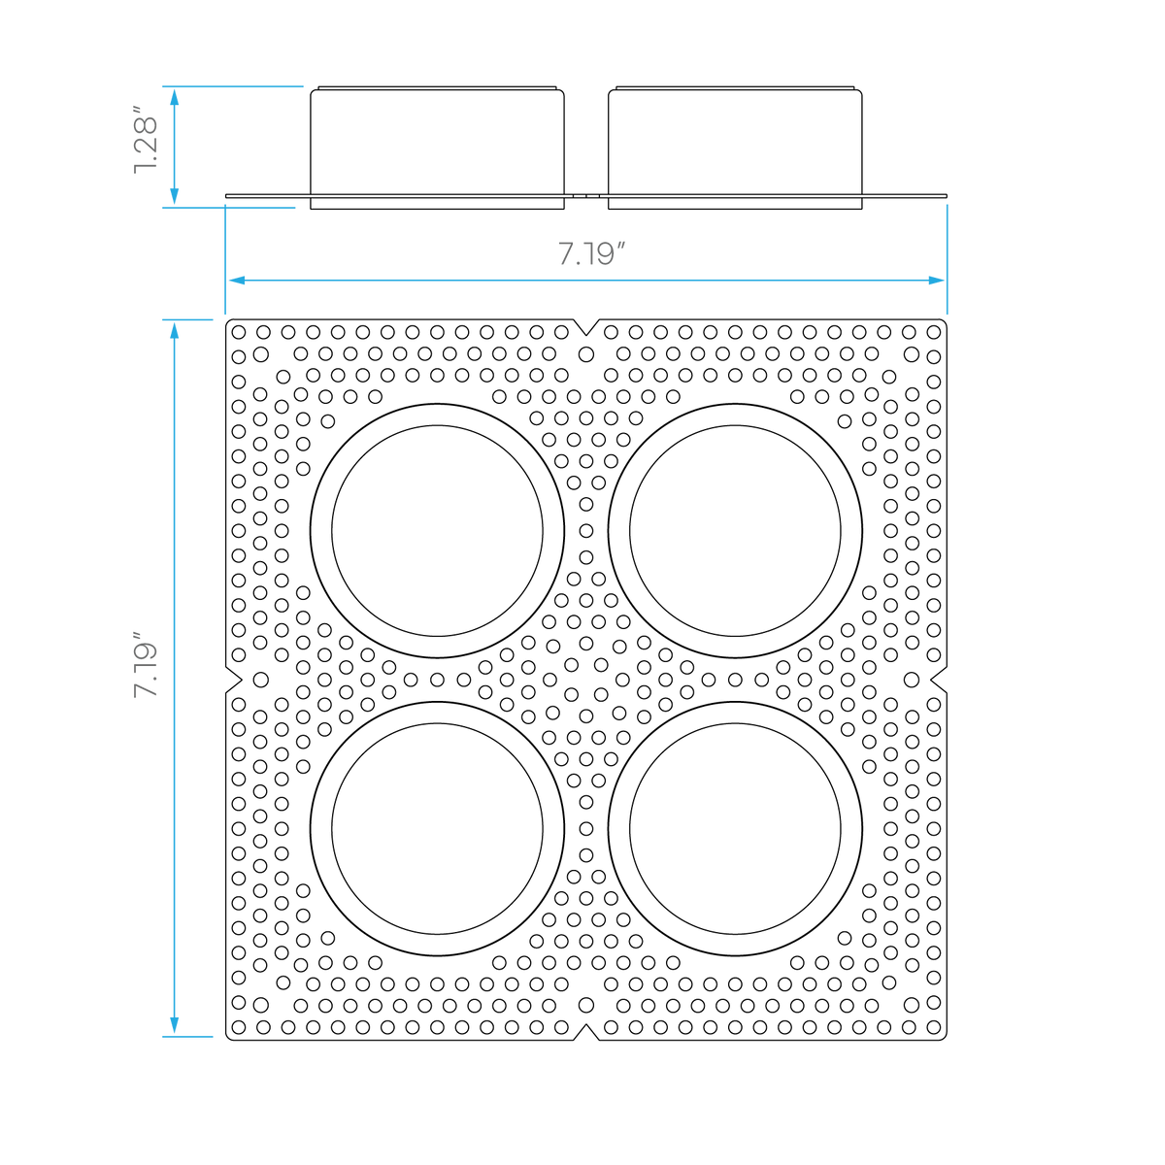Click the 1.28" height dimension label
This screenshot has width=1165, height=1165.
click(x=145, y=141)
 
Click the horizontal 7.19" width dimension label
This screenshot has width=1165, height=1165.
click(x=590, y=253)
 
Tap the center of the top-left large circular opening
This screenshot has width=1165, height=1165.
click(x=437, y=530)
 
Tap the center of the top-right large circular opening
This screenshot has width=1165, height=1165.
click(x=735, y=530)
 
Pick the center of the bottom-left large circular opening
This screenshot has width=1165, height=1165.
click(x=437, y=828)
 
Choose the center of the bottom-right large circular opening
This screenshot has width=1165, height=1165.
click(x=735, y=828)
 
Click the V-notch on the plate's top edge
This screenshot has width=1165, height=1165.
click(x=586, y=327)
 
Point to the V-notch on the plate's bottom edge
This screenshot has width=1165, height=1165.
click(x=586, y=1032)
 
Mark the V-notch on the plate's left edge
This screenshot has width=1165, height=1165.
click(x=234, y=681)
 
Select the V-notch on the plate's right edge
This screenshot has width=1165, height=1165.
click(x=939, y=681)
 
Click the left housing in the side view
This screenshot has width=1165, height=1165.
click(x=437, y=149)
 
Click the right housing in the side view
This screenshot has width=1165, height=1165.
click(x=735, y=149)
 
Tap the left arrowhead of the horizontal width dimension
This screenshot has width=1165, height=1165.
click(x=236, y=281)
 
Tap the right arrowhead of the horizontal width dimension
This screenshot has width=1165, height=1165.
click(x=937, y=281)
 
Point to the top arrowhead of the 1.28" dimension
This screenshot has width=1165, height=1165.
click(x=174, y=97)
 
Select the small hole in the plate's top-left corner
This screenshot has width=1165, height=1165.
click(x=239, y=332)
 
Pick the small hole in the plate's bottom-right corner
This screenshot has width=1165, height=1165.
click(x=934, y=1027)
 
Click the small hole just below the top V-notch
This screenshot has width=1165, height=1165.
click(x=586, y=354)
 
